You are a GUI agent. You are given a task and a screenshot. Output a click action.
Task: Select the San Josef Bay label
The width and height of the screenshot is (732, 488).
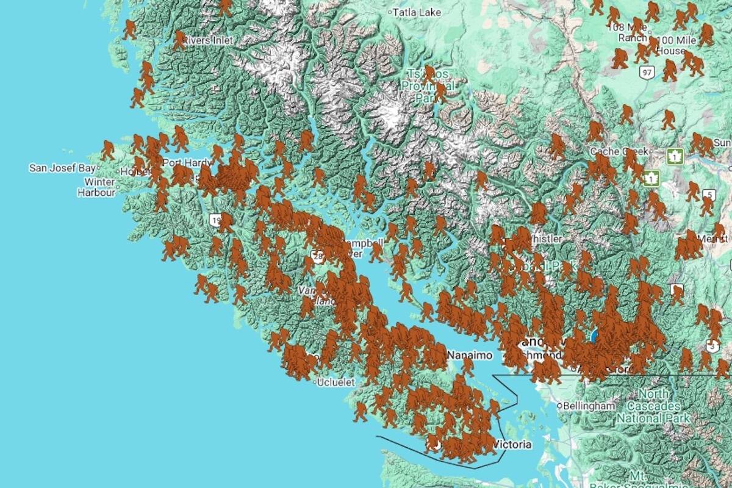coord(62,168)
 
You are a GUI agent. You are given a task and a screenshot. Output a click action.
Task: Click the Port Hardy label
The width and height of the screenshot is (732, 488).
coord(181,163)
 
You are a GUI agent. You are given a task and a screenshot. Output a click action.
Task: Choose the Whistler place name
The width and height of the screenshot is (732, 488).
coord(547,239)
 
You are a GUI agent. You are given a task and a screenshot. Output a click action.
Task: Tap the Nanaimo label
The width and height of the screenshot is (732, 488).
coord(469,354)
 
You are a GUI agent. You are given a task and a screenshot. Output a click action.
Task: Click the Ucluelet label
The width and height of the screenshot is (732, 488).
coord(337,382)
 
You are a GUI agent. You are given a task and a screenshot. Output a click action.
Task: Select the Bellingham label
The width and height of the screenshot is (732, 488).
coord(589,406)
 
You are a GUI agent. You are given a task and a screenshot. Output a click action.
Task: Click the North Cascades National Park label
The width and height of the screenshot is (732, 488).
coord(652,406)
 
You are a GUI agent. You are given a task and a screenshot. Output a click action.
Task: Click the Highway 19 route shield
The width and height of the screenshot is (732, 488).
coord(215,220)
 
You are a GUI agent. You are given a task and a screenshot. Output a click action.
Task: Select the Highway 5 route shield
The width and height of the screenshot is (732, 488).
coord(708,195)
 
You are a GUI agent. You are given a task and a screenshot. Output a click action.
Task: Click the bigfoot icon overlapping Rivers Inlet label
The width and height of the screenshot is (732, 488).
coord(179,40)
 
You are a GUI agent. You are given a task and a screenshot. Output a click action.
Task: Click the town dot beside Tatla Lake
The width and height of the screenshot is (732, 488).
coord(390,12)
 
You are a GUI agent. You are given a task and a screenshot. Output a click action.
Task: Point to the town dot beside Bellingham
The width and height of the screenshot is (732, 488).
coord(559,406)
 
